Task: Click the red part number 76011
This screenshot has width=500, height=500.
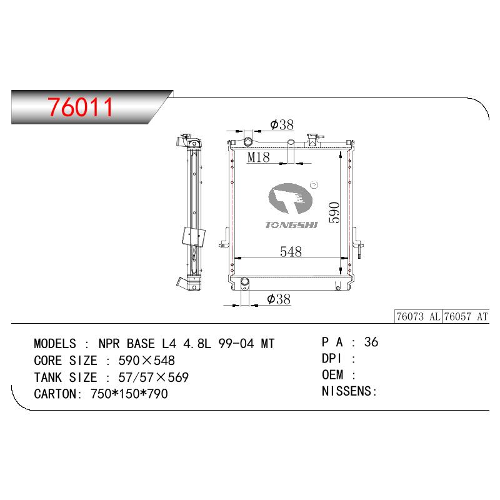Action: (x=81, y=107)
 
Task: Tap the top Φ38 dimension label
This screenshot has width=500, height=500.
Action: (x=282, y=124)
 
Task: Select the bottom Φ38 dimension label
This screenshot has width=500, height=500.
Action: (x=279, y=299)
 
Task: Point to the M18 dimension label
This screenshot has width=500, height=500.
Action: (x=259, y=157)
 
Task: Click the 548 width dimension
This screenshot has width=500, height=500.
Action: (x=291, y=252)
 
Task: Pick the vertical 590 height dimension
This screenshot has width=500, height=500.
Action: (x=334, y=212)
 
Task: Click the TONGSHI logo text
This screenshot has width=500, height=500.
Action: (x=291, y=225)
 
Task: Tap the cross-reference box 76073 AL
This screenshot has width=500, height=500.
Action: (x=418, y=317)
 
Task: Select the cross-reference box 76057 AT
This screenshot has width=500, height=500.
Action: (x=466, y=317)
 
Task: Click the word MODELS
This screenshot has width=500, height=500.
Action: (x=55, y=344)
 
